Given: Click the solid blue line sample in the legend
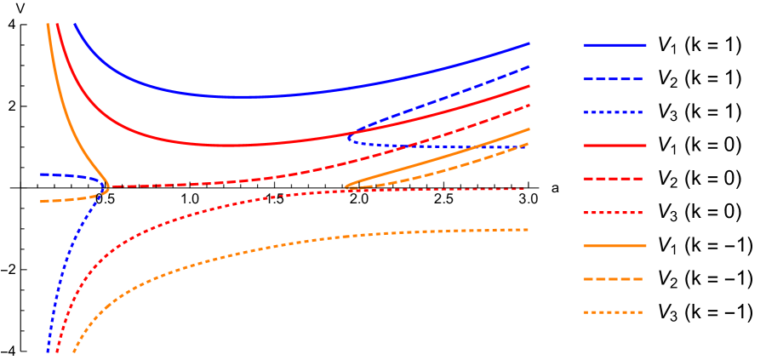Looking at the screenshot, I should [x=615, y=45].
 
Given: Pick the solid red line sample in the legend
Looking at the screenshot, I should [x=615, y=146].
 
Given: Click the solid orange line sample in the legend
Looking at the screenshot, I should [x=615, y=246].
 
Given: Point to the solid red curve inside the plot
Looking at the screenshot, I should [x=213, y=145].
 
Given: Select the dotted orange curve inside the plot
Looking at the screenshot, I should [x=255, y=249].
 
